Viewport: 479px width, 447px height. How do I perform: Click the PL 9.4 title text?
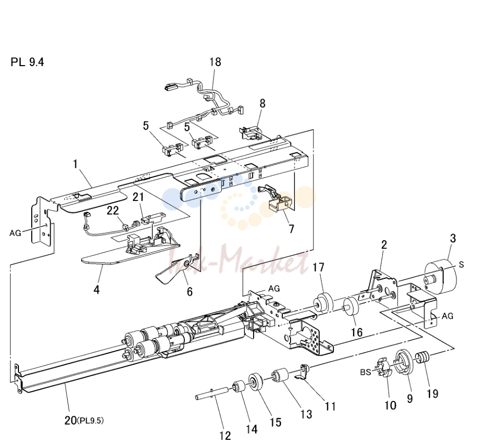[27, 62]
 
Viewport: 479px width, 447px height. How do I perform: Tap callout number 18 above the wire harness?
[215, 62]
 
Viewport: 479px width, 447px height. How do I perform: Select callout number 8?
[262, 104]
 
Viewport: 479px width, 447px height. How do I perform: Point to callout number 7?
[291, 229]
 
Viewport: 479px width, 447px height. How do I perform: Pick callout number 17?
[318, 267]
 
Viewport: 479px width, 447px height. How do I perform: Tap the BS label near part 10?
[365, 372]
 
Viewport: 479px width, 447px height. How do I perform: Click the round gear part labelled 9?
[405, 362]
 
